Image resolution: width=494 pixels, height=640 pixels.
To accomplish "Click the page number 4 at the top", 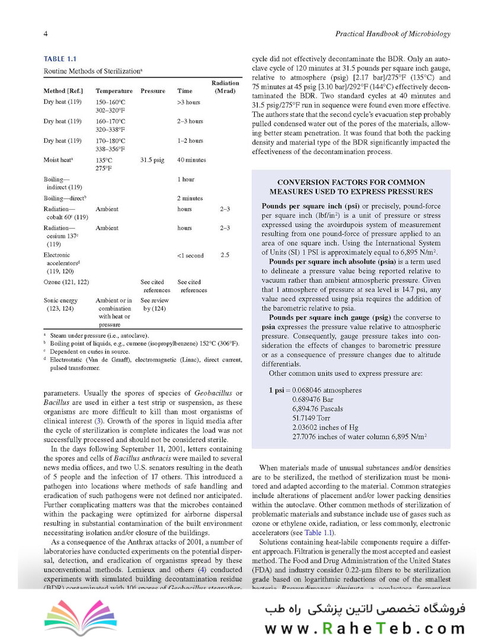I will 46,34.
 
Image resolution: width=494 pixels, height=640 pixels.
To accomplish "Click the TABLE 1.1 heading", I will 60,59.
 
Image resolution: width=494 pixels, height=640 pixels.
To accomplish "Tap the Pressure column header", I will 153,91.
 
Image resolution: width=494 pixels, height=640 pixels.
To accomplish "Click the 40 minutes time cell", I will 191,160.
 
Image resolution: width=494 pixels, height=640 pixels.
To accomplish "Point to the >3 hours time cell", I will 188,103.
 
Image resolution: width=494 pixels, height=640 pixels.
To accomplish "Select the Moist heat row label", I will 58,160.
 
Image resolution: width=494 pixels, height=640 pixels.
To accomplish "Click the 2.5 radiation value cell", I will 224,255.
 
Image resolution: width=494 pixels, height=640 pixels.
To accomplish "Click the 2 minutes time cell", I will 190,198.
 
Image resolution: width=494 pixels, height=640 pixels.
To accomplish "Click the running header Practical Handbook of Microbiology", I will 393,34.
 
